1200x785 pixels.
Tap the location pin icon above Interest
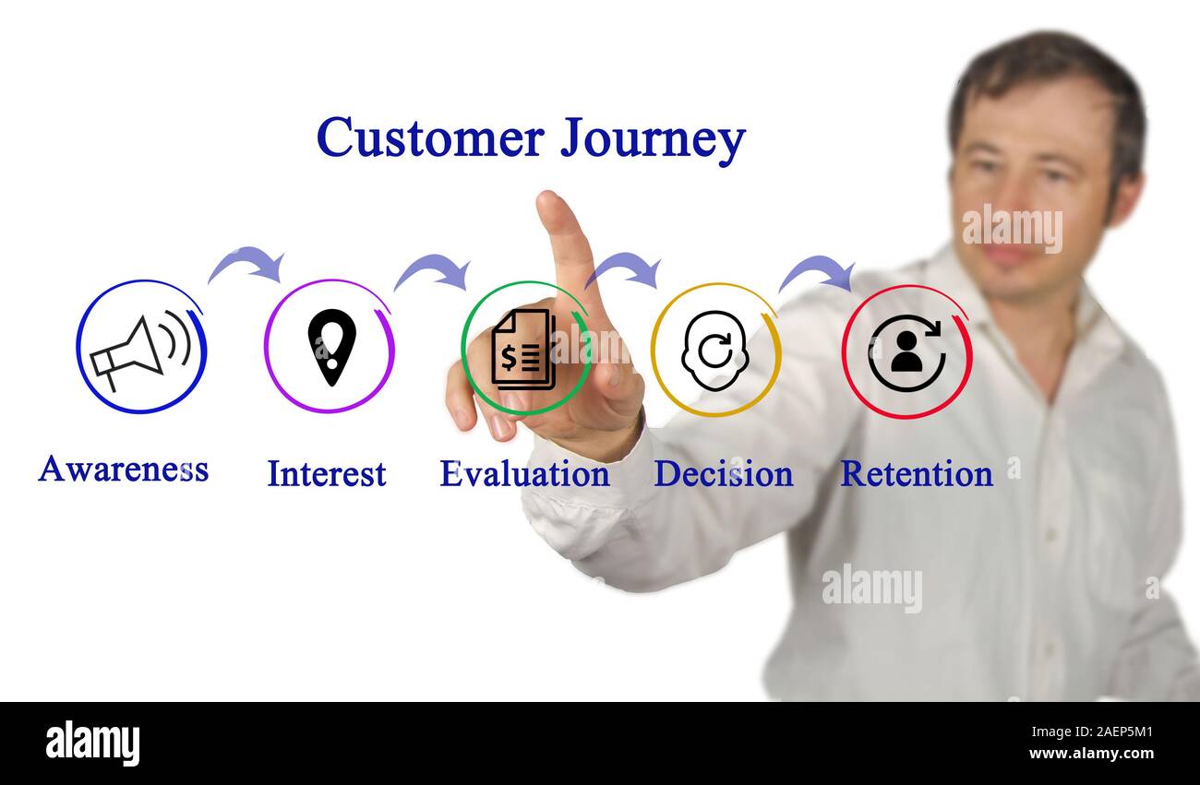pos(331,347)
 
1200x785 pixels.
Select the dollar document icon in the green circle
pos(523,349)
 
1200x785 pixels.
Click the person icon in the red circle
pos(906,352)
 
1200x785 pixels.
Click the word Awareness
pos(123,469)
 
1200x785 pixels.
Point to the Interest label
pos(327,473)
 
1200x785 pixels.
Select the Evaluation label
pos(524,473)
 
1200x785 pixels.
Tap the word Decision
pos(723,473)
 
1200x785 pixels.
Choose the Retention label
pos(916,473)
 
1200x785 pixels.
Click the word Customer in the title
pos(430,137)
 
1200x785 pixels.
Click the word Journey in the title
pos(652,139)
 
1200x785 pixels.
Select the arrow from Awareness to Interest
pos(246,263)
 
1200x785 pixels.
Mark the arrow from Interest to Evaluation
pos(432,270)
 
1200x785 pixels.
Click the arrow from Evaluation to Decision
pos(624,268)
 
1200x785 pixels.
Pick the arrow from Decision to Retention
pos(816,272)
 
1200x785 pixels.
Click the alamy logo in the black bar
pos(92,743)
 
